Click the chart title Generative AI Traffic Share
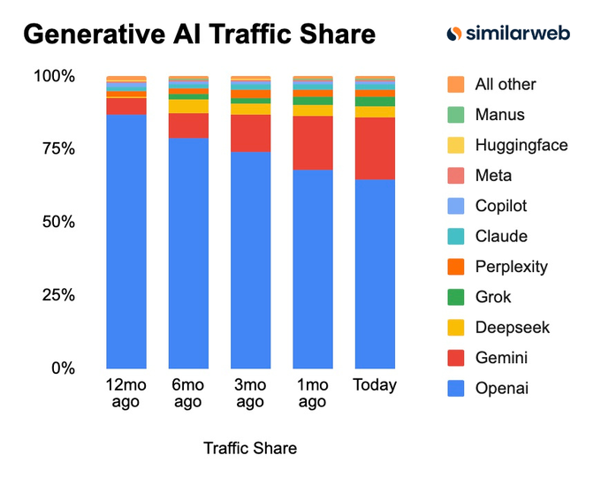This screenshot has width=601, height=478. coord(199,34)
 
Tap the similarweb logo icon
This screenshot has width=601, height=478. coord(453,34)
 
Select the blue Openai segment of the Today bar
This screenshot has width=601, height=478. coord(375,274)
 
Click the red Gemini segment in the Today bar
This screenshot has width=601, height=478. coord(375,148)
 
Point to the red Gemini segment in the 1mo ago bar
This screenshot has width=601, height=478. coord(313,142)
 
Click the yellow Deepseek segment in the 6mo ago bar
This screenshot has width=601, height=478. coord(188,107)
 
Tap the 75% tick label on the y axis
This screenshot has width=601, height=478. coord(55,148)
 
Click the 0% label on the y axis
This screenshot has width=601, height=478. coord(61,368)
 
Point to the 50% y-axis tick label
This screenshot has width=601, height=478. coord(55,222)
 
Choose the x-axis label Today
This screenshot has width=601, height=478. coord(375,385)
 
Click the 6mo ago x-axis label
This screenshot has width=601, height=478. coord(188,393)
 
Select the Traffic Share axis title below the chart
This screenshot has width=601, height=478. coord(250,448)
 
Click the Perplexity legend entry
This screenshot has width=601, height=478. coord(511,267)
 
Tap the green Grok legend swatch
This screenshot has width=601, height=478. coord(455,297)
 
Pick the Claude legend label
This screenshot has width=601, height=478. coord(500,237)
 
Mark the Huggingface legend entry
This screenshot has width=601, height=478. coord(521,145)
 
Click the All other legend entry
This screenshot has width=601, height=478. coord(505,85)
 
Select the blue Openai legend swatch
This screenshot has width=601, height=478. coord(455,388)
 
